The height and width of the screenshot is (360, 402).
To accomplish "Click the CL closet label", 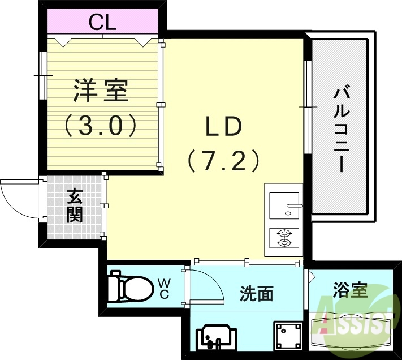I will pos(102,23).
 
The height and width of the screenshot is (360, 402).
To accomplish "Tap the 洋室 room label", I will pos(101,91).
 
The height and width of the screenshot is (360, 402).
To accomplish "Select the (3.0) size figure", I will pos(101,125).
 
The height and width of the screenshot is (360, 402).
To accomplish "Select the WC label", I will pos(163,288).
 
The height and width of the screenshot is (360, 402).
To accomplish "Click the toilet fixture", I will pos(130,287).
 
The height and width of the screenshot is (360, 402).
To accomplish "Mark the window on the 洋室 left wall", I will pos(42,75).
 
